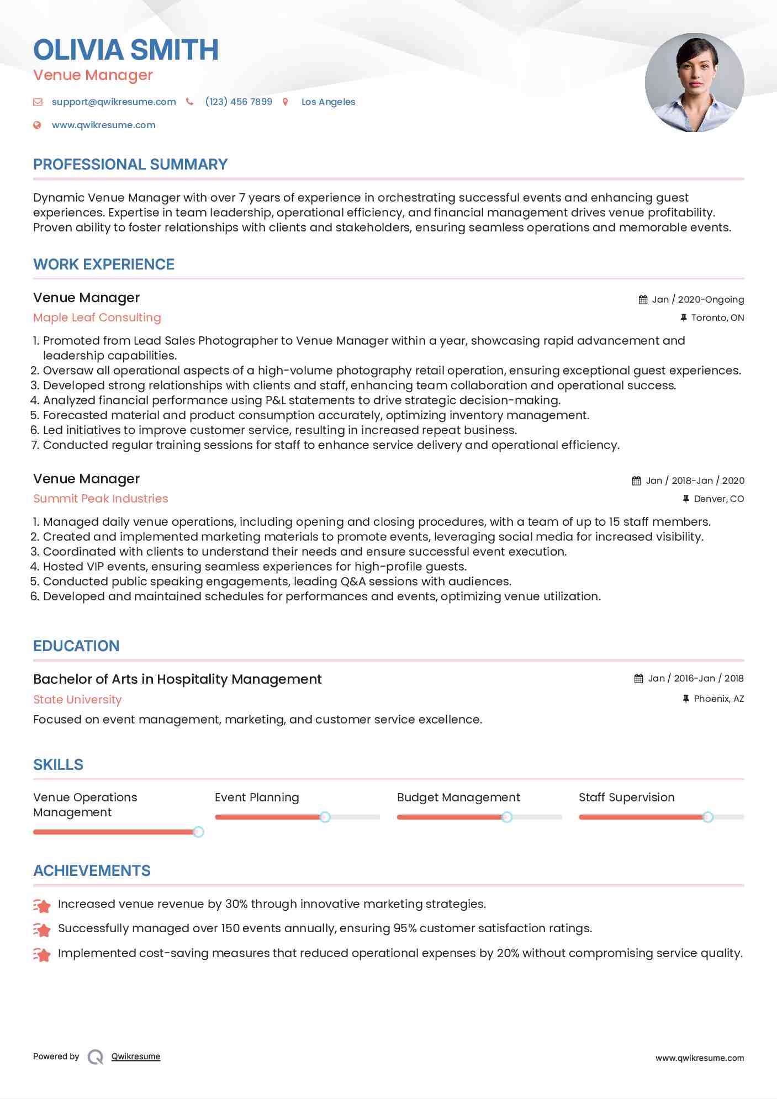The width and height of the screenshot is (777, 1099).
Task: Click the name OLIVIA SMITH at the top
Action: pyautogui.click(x=126, y=50)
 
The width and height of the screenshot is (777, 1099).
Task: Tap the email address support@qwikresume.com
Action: pyautogui.click(x=114, y=102)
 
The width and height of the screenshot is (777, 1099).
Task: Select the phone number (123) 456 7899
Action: pyautogui.click(x=239, y=102)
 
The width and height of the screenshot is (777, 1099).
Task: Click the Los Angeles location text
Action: pyautogui.click(x=328, y=102)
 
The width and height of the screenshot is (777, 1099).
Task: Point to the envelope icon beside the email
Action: pyautogui.click(x=38, y=102)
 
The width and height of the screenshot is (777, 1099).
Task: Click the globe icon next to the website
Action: pyautogui.click(x=37, y=125)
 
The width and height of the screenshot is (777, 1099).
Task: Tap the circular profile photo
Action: pyautogui.click(x=694, y=83)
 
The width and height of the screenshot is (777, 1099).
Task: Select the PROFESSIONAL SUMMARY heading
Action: pyautogui.click(x=130, y=165)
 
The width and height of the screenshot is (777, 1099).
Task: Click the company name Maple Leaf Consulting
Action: pyautogui.click(x=97, y=318)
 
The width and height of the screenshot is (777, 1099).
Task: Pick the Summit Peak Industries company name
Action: pyautogui.click(x=101, y=499)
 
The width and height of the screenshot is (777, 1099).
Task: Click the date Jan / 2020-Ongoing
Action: pyautogui.click(x=697, y=300)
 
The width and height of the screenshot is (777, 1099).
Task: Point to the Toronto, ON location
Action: pyautogui.click(x=717, y=318)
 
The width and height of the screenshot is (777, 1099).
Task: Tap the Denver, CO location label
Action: pyautogui.click(x=718, y=499)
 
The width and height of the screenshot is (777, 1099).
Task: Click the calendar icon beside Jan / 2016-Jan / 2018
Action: pyautogui.click(x=639, y=679)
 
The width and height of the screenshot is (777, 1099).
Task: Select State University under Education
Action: pyautogui.click(x=77, y=700)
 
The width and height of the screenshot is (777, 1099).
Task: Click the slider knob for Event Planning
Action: pyautogui.click(x=325, y=817)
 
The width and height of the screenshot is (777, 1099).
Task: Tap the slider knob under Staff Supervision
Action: pyautogui.click(x=708, y=817)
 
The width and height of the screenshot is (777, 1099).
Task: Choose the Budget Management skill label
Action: pyautogui.click(x=458, y=797)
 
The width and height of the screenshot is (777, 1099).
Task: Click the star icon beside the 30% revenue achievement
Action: pyautogui.click(x=42, y=905)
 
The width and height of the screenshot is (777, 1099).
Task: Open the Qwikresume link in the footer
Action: pyautogui.click(x=136, y=1056)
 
